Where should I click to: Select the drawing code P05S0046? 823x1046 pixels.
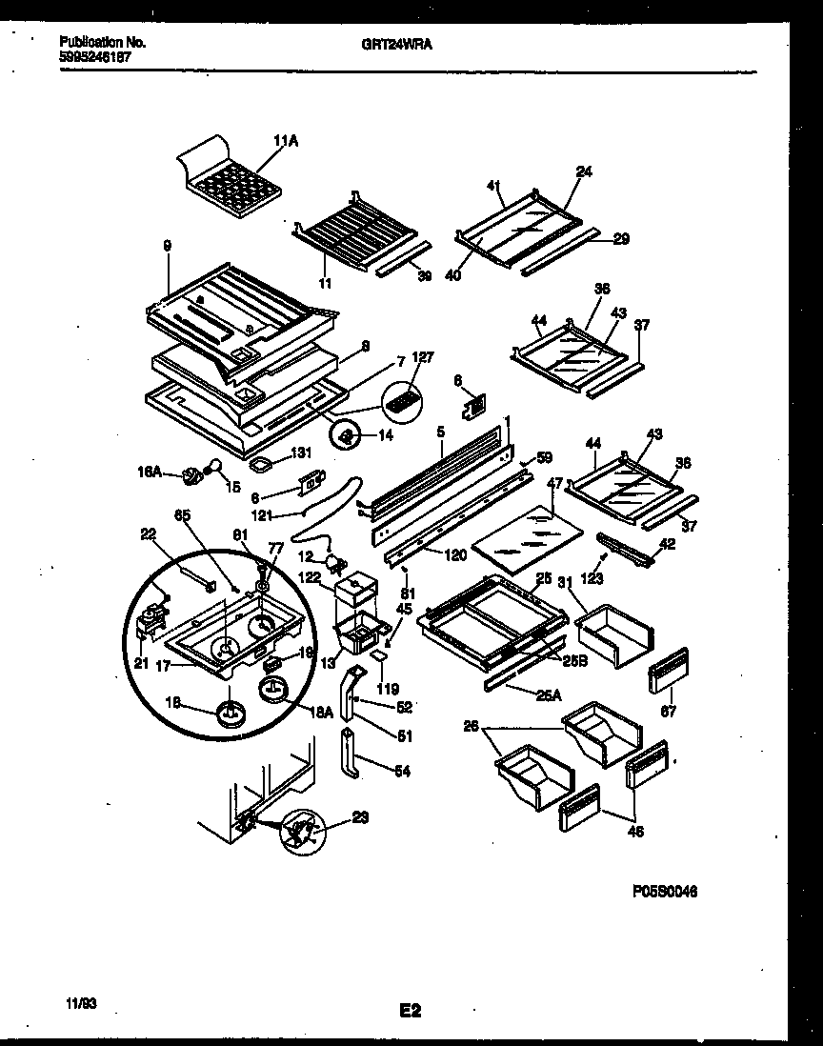tap(664, 893)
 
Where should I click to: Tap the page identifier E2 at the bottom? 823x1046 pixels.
tap(411, 1012)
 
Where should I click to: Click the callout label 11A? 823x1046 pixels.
tap(286, 141)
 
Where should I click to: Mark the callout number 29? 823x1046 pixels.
tap(620, 239)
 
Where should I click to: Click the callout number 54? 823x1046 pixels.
tap(402, 771)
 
